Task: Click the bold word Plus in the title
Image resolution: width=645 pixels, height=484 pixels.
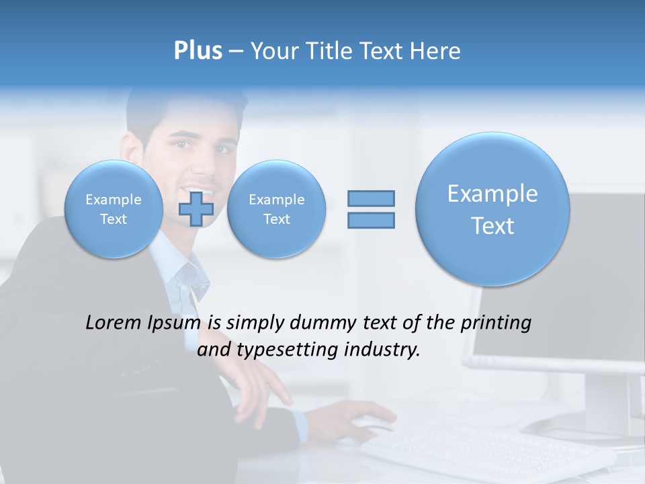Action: (198, 51)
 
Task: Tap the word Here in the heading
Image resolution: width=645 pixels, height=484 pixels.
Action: (435, 51)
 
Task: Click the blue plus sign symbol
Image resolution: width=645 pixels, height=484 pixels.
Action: (196, 208)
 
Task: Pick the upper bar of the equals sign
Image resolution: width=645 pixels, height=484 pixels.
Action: (371, 198)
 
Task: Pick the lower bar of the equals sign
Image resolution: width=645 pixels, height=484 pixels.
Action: (371, 220)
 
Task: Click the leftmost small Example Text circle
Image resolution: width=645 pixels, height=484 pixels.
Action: (114, 208)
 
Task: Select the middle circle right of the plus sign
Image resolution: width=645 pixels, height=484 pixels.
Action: (276, 208)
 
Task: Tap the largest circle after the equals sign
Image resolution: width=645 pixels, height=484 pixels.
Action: (492, 209)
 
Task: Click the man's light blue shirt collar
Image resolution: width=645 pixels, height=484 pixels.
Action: (181, 276)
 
